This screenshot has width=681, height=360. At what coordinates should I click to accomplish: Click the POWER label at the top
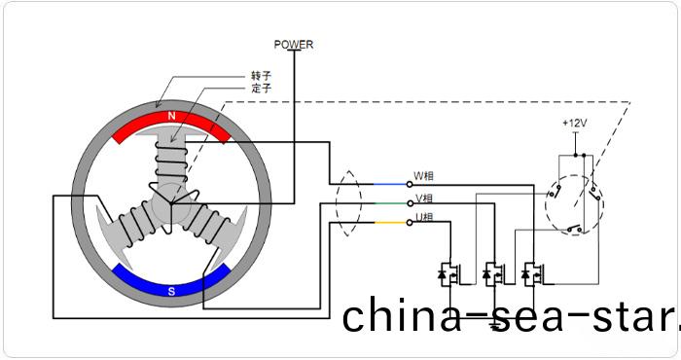(x=294, y=44)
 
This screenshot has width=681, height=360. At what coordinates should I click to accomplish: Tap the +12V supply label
(x=575, y=124)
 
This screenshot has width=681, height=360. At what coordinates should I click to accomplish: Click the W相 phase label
(x=424, y=176)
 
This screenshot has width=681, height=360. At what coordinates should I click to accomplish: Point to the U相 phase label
(x=424, y=217)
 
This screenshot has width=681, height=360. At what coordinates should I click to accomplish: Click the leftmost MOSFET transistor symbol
(x=451, y=274)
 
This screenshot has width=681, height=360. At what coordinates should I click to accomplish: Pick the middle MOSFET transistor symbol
(x=491, y=274)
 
